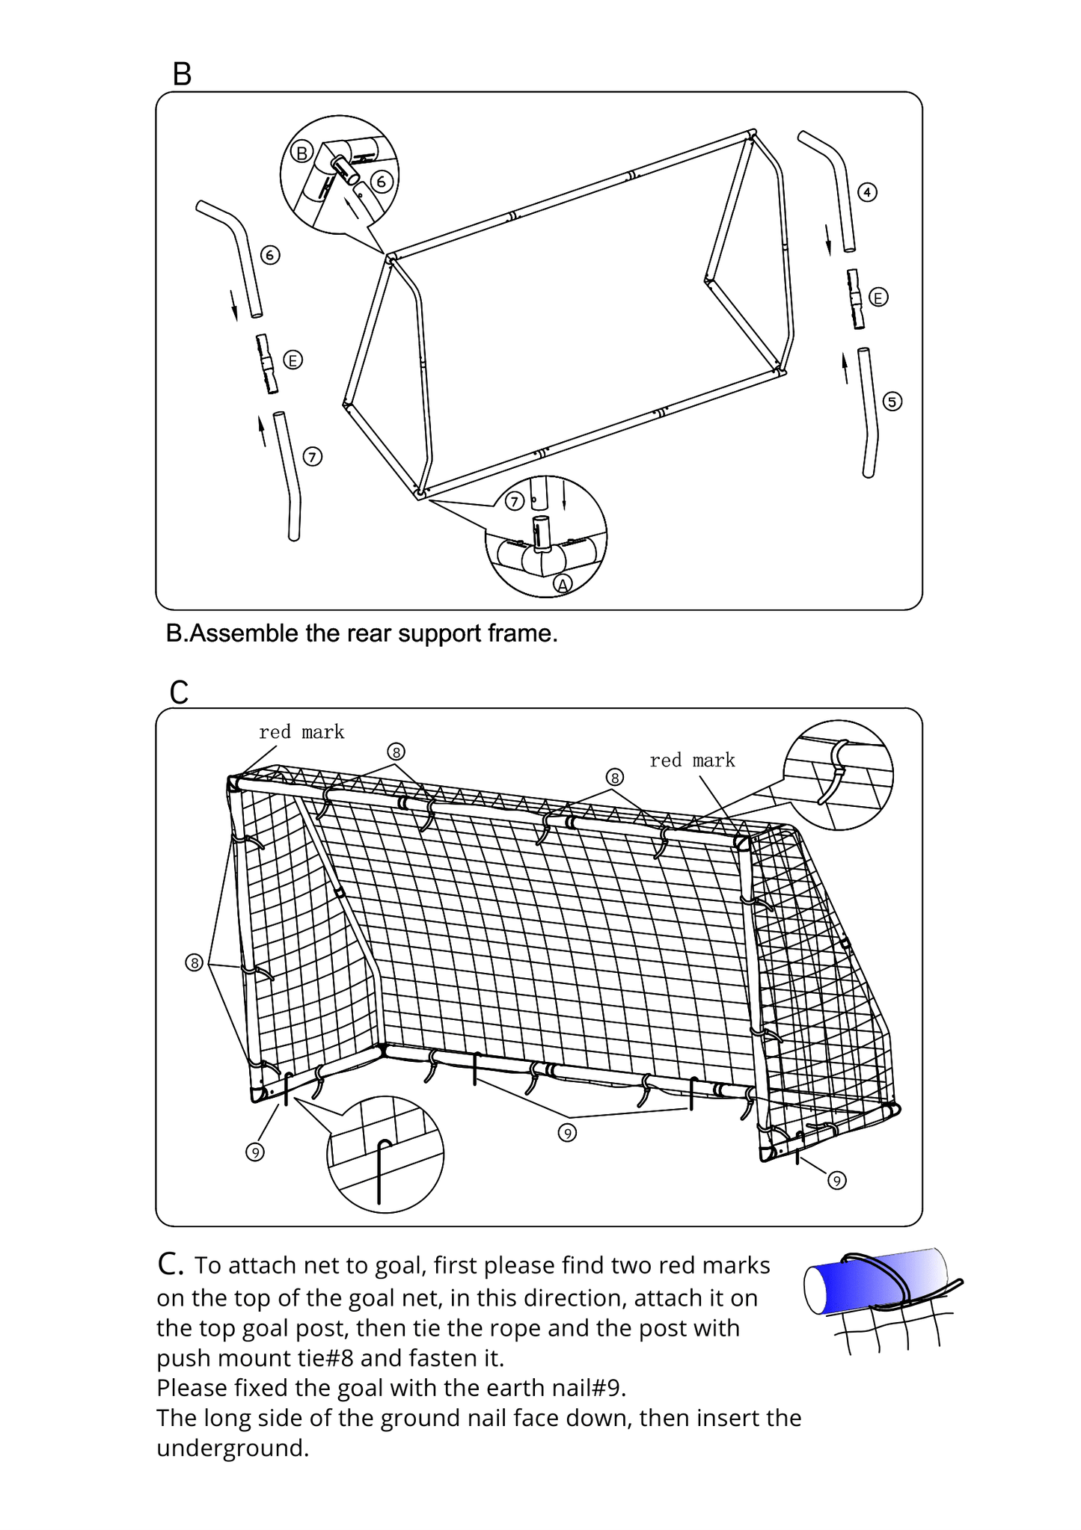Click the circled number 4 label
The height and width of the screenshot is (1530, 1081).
866,192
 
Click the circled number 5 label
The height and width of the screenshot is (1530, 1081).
892,402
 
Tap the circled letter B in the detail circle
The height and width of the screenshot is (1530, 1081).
301,153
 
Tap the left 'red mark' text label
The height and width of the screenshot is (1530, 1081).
301,732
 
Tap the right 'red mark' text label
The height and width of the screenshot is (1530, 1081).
692,761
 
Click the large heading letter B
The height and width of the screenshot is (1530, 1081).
182,74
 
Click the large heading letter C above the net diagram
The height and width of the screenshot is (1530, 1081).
180,692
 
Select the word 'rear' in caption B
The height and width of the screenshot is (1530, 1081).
370,633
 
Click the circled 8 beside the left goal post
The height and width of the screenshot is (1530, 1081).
195,962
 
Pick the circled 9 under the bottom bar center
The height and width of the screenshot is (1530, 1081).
567,1134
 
